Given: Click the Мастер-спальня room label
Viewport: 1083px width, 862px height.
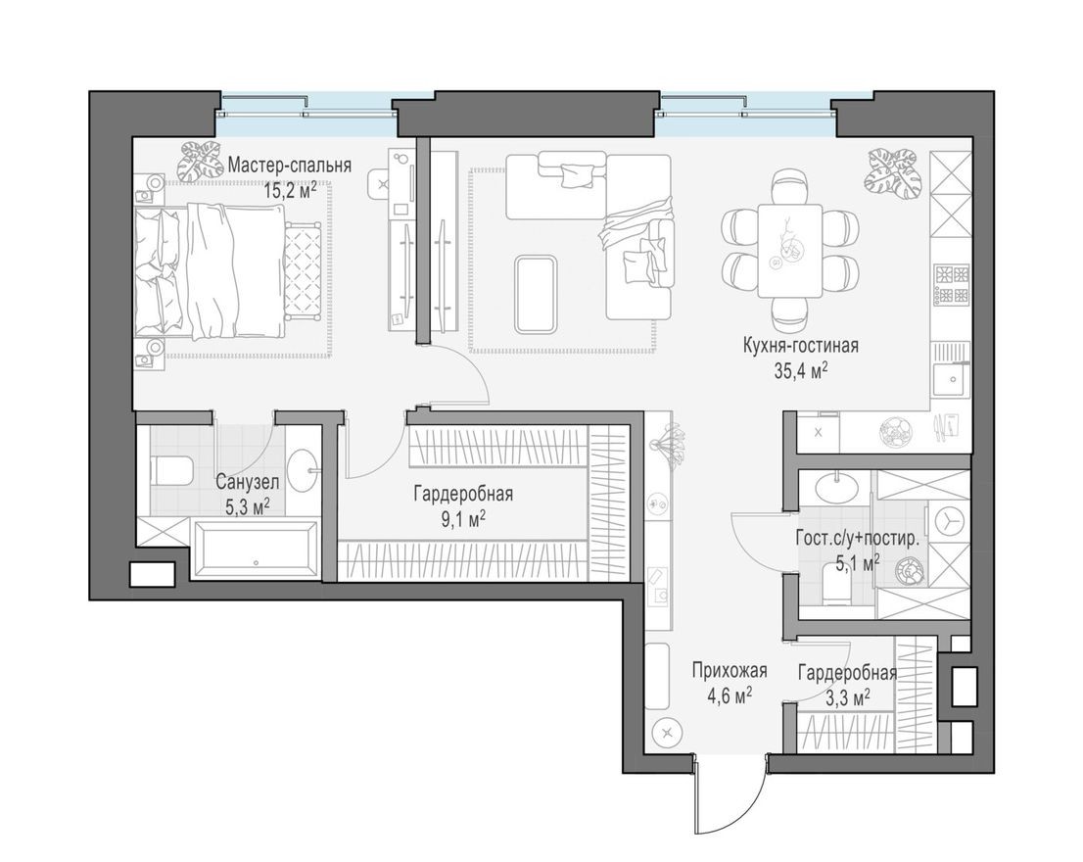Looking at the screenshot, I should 289,165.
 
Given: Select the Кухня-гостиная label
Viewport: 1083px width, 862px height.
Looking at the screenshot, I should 801,345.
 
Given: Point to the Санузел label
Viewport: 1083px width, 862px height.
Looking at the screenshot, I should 247,481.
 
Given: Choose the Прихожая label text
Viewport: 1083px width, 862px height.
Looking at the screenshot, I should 729,671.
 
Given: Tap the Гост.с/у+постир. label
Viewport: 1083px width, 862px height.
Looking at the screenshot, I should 857,538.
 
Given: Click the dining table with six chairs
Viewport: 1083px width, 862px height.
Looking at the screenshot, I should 789,250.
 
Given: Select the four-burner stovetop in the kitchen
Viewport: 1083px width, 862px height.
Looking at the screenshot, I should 951,284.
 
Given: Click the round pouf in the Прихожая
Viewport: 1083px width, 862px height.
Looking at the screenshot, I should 668,731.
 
